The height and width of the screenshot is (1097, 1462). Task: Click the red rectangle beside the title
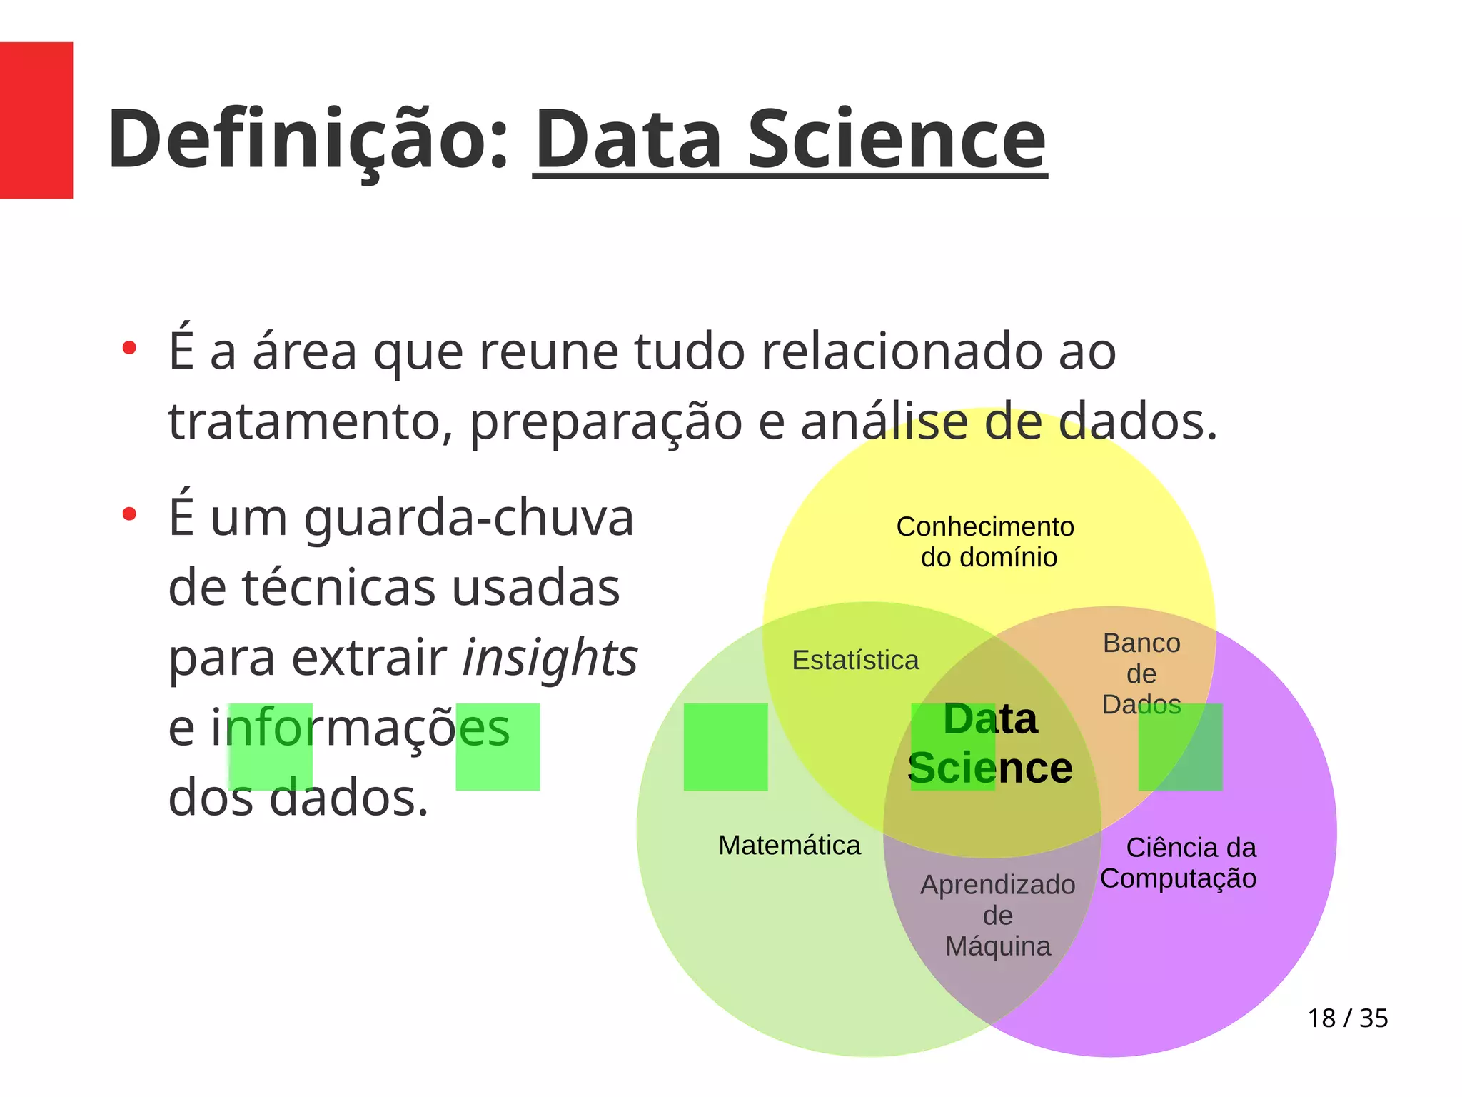(36, 120)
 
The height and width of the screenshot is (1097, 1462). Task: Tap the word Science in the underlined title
(896, 139)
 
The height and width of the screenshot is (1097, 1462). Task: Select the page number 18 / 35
(1347, 1018)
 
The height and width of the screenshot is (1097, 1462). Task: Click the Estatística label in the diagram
(855, 661)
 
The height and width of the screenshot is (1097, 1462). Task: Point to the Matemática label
(789, 846)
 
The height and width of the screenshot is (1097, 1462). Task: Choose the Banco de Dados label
(1141, 673)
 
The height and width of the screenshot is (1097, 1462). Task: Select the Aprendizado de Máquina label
(997, 916)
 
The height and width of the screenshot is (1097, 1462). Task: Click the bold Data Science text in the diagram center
(990, 743)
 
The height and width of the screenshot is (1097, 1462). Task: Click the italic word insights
(550, 658)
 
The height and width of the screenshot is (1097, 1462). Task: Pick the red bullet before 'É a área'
(129, 349)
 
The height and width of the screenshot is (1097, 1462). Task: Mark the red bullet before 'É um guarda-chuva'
(129, 514)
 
